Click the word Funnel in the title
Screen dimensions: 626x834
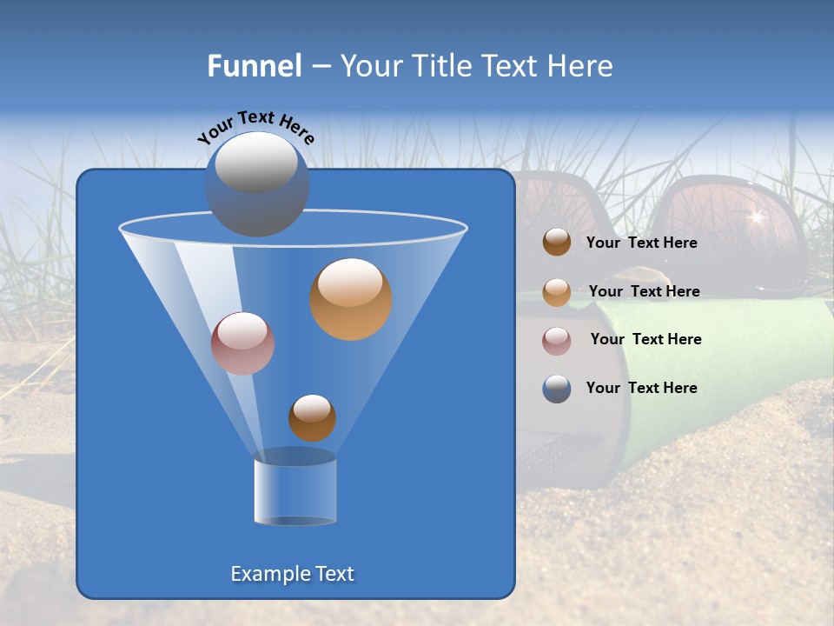tap(254, 66)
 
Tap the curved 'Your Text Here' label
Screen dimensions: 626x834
tap(256, 127)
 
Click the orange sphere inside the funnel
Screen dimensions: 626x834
tap(351, 299)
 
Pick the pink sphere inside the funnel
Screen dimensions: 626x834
tap(242, 343)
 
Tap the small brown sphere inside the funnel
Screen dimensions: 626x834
tap(312, 417)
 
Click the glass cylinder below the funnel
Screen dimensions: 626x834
tap(295, 489)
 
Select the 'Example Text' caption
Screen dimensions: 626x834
tap(293, 574)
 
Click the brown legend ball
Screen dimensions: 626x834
tap(557, 243)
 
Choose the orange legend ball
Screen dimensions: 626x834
tap(557, 292)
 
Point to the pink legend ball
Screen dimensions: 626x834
tap(557, 341)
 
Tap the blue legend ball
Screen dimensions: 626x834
tap(557, 389)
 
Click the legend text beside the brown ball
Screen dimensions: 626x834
tap(641, 243)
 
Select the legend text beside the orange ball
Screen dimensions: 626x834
tap(644, 292)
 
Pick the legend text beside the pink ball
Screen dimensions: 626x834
tap(645, 340)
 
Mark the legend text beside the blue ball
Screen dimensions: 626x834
tap(641, 389)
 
